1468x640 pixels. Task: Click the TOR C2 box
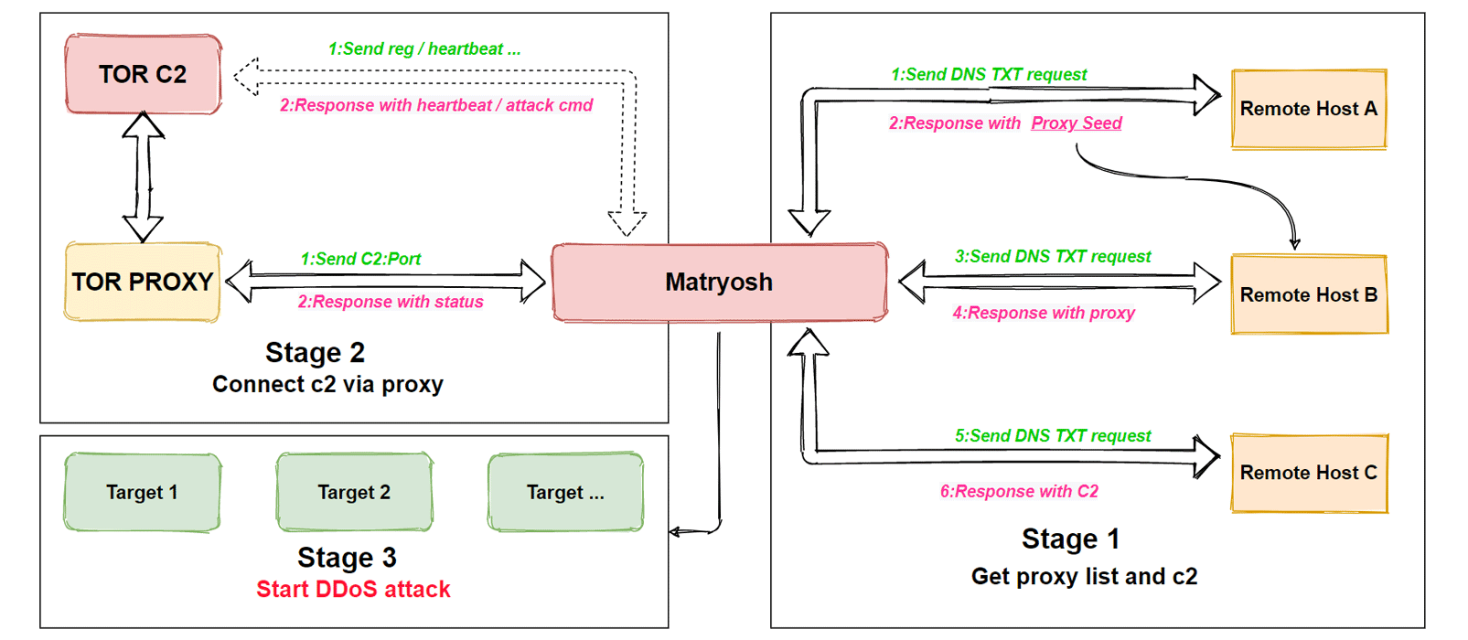143,74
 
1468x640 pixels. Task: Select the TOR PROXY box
143,282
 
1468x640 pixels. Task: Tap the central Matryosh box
719,282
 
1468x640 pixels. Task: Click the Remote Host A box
1308,109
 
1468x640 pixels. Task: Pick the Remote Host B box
1308,294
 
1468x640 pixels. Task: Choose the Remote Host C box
1308,473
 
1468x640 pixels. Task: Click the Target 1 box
142,492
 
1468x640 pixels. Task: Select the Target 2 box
354,492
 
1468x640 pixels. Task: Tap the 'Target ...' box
565,492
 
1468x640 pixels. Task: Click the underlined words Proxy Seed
1076,123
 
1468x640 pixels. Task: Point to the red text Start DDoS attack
353,589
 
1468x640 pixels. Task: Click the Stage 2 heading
315,352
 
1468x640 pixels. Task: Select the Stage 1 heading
1070,539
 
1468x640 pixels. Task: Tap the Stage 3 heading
347,557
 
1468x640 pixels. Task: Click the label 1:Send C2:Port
360,259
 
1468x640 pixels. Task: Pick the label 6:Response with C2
1019,491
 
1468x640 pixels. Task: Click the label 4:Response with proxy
1043,313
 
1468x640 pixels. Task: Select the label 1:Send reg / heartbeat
424,49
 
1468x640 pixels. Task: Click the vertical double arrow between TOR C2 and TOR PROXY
144,177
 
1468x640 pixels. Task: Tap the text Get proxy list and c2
1084,576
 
